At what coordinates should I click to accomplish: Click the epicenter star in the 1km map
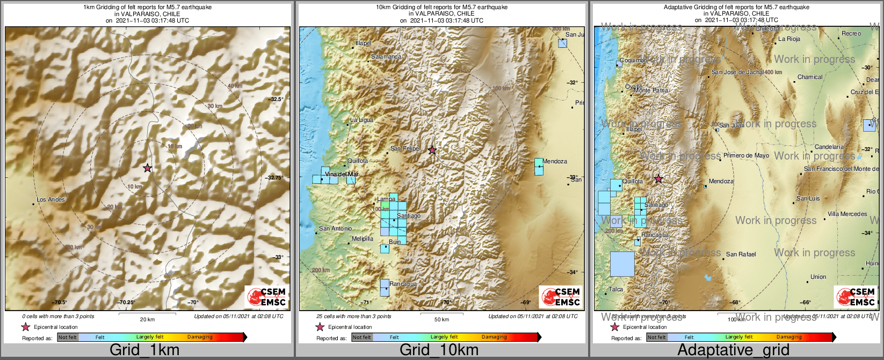click(x=148, y=168)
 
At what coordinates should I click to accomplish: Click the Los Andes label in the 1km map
click(x=50, y=199)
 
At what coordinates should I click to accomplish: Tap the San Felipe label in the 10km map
click(x=404, y=148)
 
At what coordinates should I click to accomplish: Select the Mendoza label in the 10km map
click(x=555, y=161)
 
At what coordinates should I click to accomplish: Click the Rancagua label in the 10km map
click(x=403, y=284)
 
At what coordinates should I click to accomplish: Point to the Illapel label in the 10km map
click(x=363, y=43)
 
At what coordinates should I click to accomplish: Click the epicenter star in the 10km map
click(x=432, y=150)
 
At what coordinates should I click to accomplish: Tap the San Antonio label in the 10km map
click(x=335, y=228)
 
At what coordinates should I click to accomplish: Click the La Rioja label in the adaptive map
click(x=789, y=39)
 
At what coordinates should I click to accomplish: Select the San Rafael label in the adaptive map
click(x=741, y=254)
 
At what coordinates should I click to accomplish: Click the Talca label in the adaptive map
click(x=615, y=289)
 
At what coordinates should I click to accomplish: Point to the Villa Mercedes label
click(x=847, y=214)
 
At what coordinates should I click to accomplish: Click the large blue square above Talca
click(x=622, y=264)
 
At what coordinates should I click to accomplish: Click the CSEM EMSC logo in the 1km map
click(x=266, y=297)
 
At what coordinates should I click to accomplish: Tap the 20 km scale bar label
click(x=147, y=319)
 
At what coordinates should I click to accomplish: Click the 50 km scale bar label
click(x=441, y=319)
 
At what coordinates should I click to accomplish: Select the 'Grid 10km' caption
click(x=439, y=350)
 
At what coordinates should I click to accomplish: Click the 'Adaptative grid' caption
click(x=733, y=350)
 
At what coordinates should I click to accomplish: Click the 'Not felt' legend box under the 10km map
click(x=362, y=337)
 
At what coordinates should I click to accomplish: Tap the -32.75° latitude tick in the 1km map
click(x=276, y=177)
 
